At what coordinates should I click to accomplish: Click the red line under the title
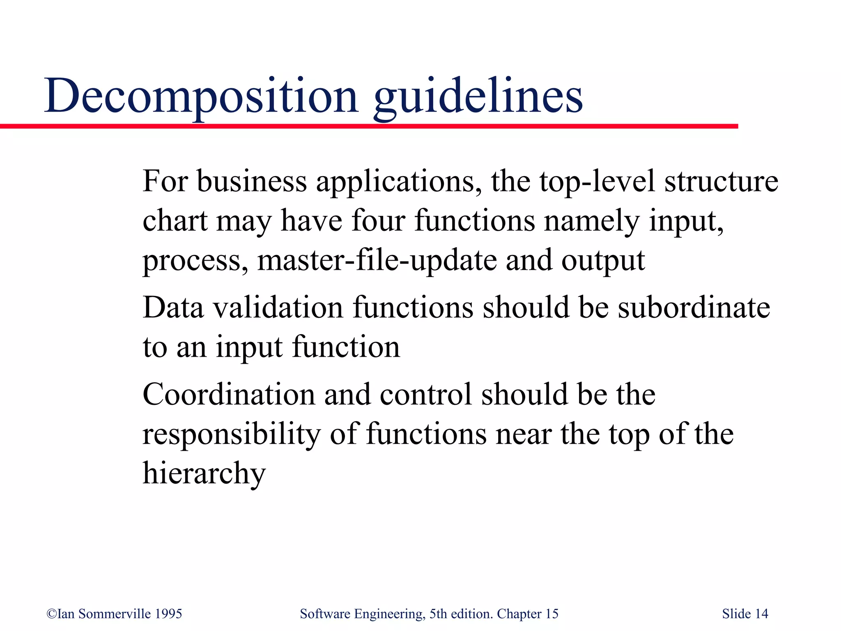pos(370,126)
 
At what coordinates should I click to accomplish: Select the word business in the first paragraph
pos(252,181)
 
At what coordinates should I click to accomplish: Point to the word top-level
pos(597,181)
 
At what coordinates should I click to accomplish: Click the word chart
pos(175,221)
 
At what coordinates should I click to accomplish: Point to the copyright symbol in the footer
pos(51,614)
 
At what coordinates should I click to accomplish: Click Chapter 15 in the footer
pos(528,614)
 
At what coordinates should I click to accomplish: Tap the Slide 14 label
pos(745,614)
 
